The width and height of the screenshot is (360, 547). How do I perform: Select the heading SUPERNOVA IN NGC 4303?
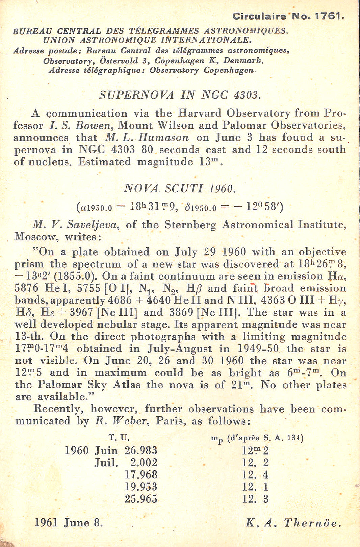[x=180, y=95]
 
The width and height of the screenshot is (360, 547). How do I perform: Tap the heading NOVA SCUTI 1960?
[x=180, y=188]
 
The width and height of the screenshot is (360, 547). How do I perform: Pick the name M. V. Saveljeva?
[x=76, y=225]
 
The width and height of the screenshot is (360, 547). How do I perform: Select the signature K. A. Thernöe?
[x=293, y=523]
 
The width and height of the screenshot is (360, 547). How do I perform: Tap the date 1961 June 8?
[x=69, y=523]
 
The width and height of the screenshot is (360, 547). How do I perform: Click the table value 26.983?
[x=141, y=450]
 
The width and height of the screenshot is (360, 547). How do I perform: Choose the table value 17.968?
[x=141, y=474]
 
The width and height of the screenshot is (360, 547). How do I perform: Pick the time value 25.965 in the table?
[x=141, y=499]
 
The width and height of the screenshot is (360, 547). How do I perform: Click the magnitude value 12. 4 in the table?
[x=255, y=475]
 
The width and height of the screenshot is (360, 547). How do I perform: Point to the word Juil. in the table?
[x=106, y=463]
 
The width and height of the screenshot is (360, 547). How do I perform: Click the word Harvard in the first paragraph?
[x=200, y=113]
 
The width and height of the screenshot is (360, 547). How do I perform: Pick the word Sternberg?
[x=190, y=225]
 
